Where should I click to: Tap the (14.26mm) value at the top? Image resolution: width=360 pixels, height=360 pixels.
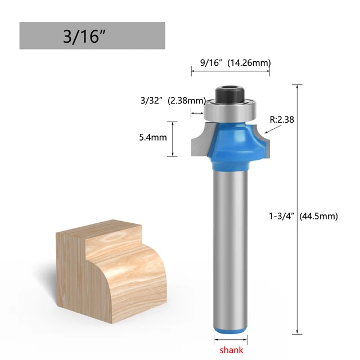pyautogui.click(x=248, y=63)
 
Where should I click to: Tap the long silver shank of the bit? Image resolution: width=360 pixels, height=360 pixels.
pyautogui.click(x=230, y=242)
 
